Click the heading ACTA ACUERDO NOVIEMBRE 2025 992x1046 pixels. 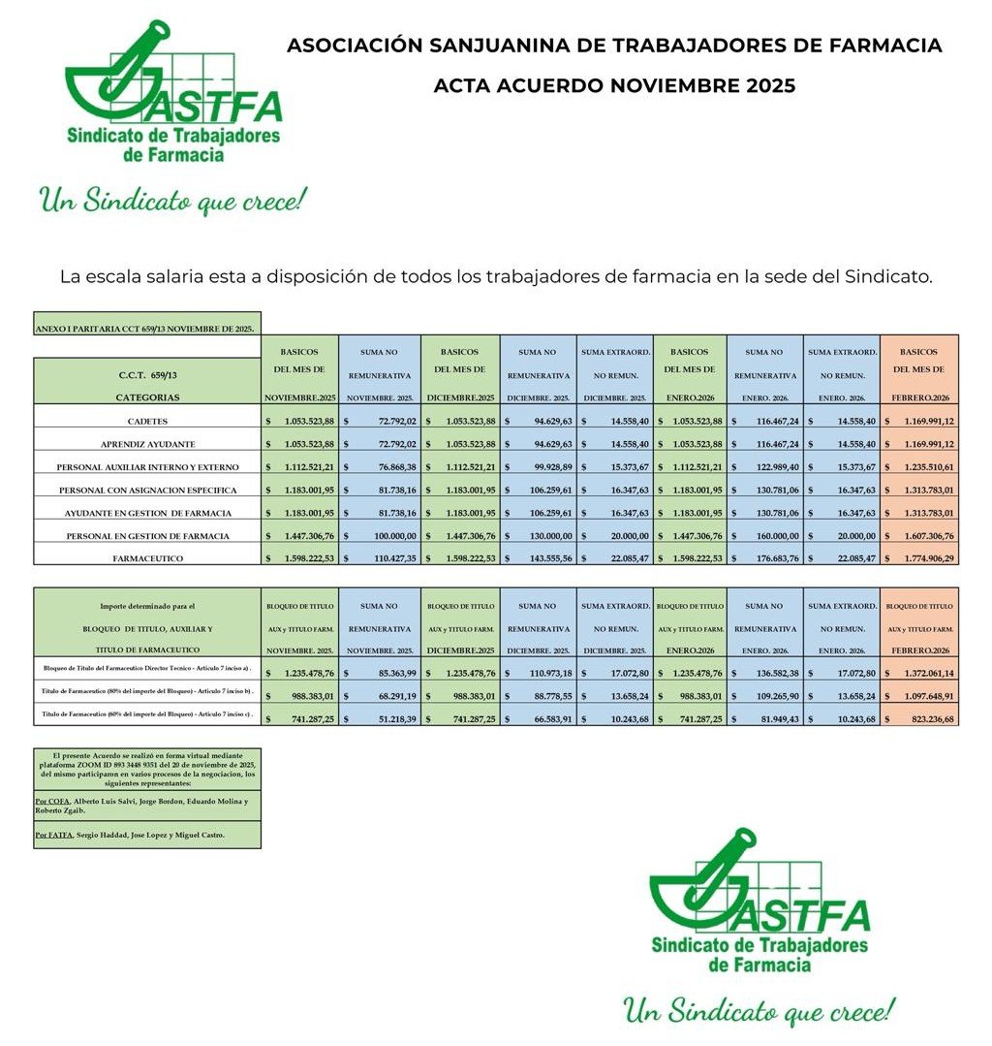pyautogui.click(x=614, y=85)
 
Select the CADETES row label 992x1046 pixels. pyautogui.click(x=147, y=421)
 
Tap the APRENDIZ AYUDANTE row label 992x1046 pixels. pyautogui.click(x=147, y=444)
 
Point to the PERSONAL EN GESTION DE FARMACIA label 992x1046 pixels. pyautogui.click(x=147, y=535)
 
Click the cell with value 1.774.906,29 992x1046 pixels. pyautogui.click(x=920, y=557)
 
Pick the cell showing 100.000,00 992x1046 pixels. pyautogui.click(x=382, y=535)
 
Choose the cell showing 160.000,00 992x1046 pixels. pyautogui.click(x=765, y=535)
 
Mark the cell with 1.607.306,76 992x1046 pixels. pyautogui.click(x=920, y=535)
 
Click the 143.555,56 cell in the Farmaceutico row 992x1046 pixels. pyautogui.click(x=539, y=557)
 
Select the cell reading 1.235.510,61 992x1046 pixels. pyautogui.click(x=920, y=466)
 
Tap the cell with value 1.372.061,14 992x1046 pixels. pyautogui.click(x=920, y=673)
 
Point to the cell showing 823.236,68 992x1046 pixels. pyautogui.click(x=920, y=718)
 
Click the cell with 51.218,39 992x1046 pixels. pyautogui.click(x=382, y=718)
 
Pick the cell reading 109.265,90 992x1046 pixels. pyautogui.click(x=765, y=695)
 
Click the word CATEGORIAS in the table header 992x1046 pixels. pyautogui.click(x=147, y=396)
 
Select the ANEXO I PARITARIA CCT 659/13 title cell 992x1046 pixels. pyautogui.click(x=145, y=329)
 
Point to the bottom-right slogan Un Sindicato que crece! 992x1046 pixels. pyautogui.click(x=759, y=1011)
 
